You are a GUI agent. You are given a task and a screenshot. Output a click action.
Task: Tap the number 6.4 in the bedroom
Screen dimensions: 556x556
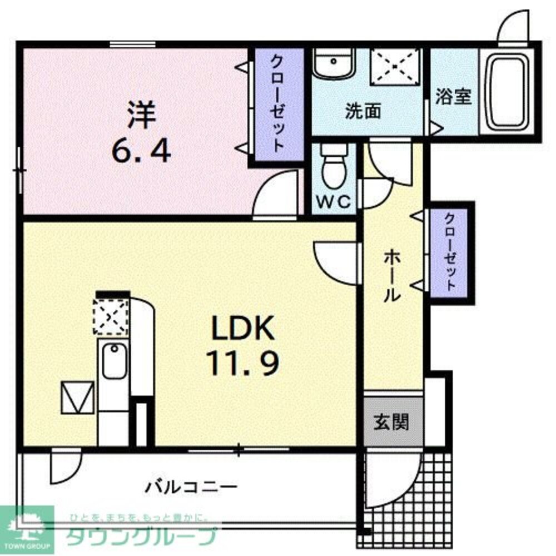tap(140, 150)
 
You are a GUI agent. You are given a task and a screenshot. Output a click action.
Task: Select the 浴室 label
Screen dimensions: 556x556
tap(453, 97)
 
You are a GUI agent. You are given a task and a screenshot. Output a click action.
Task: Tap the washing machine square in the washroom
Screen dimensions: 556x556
tap(395, 66)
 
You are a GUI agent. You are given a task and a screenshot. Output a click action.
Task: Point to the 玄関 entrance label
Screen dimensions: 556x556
tap(391, 422)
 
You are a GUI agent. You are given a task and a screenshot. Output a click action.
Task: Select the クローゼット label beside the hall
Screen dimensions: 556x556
tap(450, 251)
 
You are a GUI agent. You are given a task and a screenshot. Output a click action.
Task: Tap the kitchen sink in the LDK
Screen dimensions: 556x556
tap(113, 361)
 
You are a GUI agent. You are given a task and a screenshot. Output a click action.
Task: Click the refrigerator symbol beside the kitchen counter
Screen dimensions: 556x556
tap(77, 397)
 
